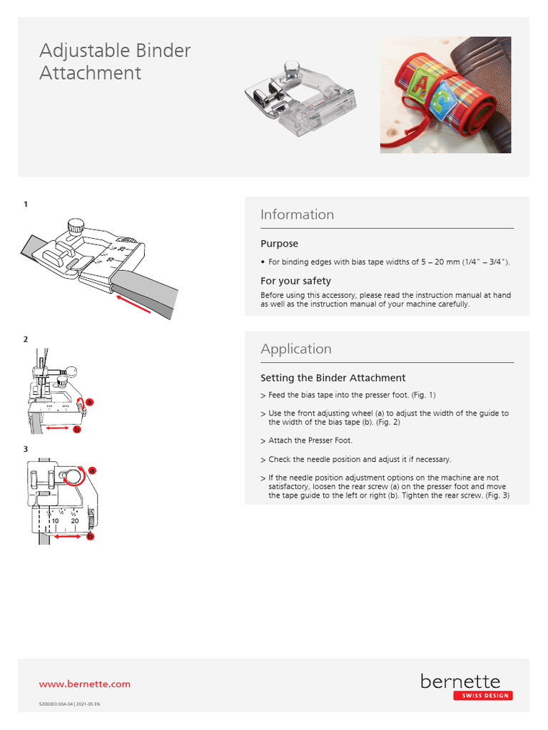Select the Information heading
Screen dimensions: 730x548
click(x=297, y=215)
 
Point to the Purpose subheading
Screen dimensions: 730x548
click(x=279, y=244)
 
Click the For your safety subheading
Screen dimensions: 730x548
click(x=295, y=281)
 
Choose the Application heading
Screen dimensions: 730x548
click(x=296, y=349)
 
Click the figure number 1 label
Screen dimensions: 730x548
click(x=26, y=205)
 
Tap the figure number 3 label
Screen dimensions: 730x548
click(x=26, y=449)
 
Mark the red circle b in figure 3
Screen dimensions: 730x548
click(x=91, y=537)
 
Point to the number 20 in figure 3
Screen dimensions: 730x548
click(x=74, y=521)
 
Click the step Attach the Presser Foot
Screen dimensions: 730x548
click(x=310, y=441)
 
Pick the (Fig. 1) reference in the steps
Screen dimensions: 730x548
click(x=422, y=395)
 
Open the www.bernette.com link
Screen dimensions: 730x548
click(x=84, y=684)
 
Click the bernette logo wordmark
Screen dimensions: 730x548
click(x=460, y=682)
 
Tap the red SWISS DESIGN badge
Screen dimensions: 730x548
click(x=482, y=696)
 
